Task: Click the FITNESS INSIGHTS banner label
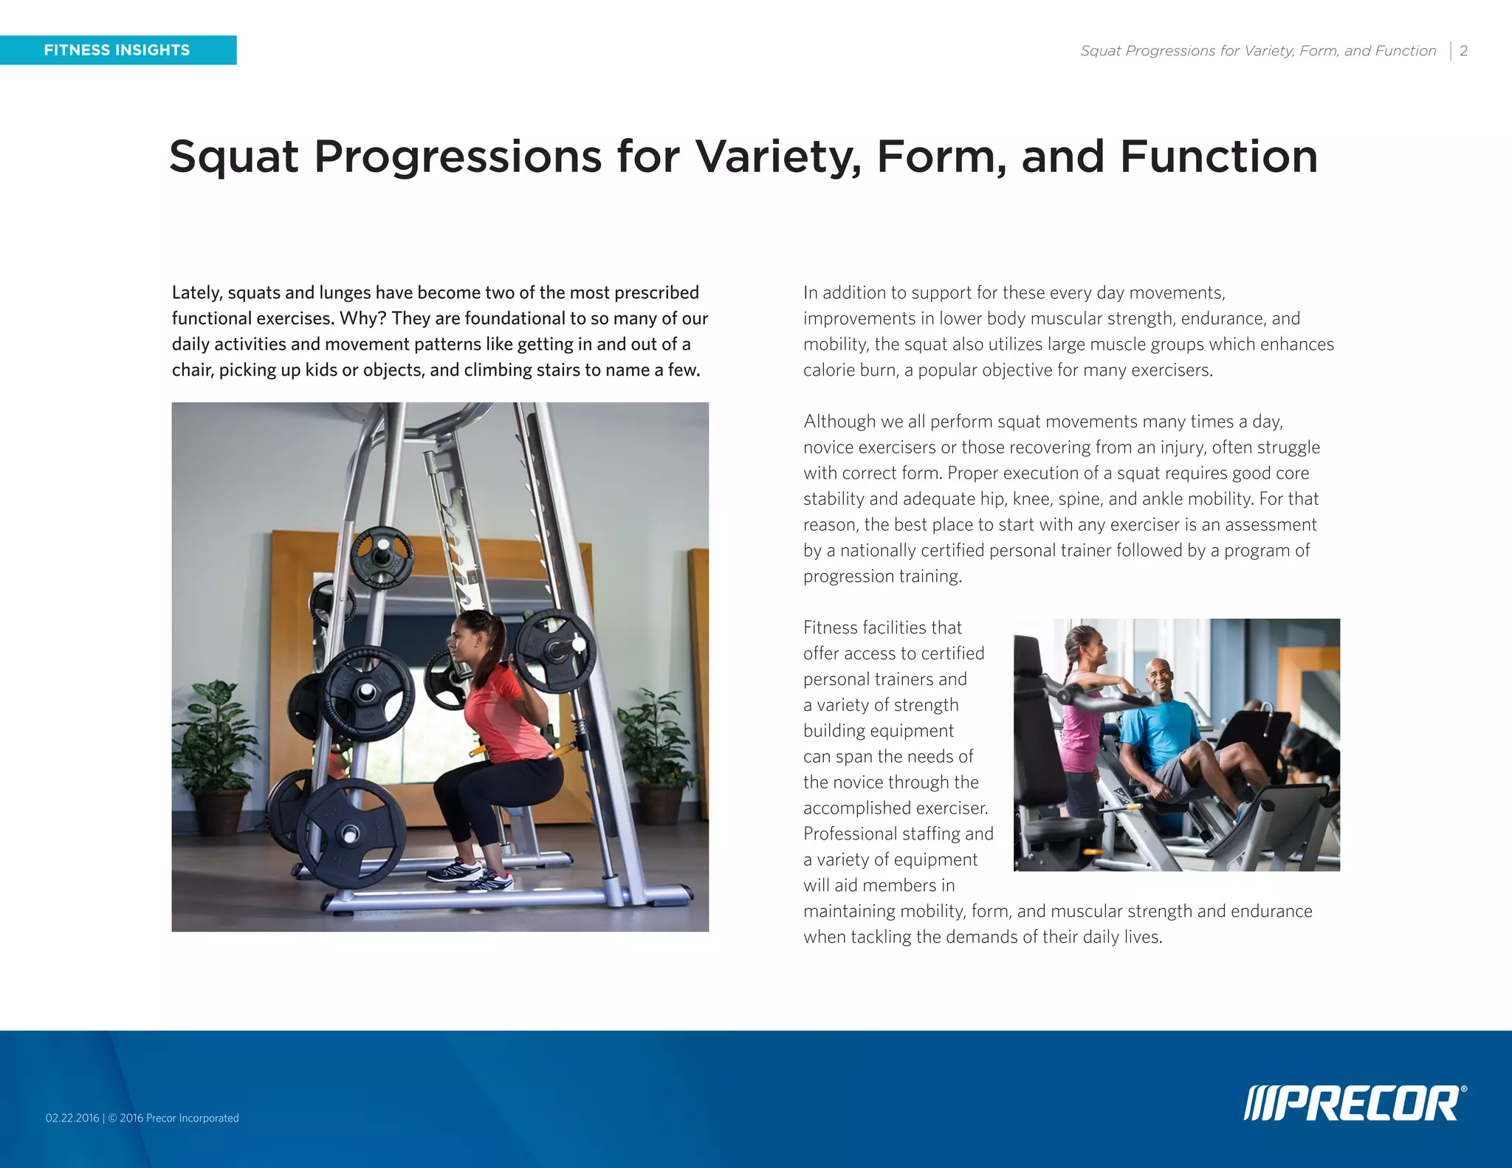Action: click(x=117, y=50)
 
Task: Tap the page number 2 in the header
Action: click(x=1463, y=51)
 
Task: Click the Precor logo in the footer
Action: click(x=1355, y=1104)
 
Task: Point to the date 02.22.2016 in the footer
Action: click(x=72, y=1118)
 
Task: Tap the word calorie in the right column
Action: click(x=828, y=370)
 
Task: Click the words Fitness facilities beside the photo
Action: click(x=882, y=628)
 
